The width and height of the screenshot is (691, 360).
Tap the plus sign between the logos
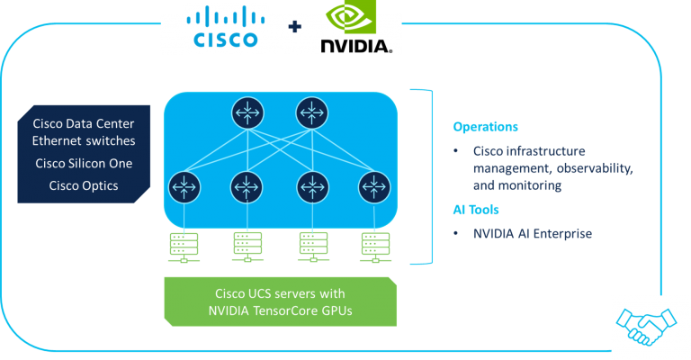click(293, 28)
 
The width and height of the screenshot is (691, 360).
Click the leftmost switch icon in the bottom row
click(182, 187)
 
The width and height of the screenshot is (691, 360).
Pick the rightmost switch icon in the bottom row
click(373, 187)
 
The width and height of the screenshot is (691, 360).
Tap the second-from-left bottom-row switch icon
click(247, 187)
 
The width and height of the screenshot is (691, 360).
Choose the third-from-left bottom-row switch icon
click(310, 187)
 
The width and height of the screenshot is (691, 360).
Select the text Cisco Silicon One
click(83, 164)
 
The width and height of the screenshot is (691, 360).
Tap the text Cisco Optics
click(83, 186)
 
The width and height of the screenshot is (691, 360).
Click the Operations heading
click(485, 126)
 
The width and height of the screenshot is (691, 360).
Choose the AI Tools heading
click(477, 210)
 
